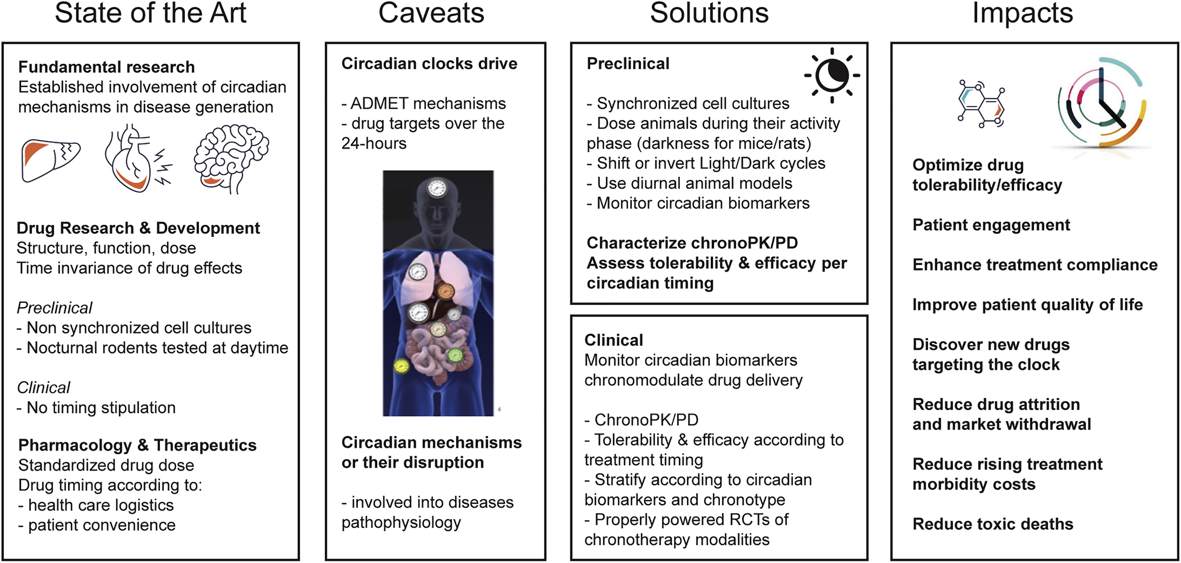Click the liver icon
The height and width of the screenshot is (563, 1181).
coord(50,160)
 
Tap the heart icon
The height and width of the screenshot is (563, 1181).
coord(138,158)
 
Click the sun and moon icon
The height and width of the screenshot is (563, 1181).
coord(832,75)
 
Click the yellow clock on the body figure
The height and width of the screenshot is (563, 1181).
coord(401,366)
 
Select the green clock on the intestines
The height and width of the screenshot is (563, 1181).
coord(455,355)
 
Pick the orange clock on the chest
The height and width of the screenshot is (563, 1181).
coord(445,291)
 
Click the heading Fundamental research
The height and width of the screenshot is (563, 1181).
coord(106,67)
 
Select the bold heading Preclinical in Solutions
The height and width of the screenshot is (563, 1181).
coord(628,63)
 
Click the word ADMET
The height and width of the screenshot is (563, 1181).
coord(379,103)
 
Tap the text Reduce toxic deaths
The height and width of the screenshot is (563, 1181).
coord(993,523)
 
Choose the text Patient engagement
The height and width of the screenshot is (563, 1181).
coord(991,225)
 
